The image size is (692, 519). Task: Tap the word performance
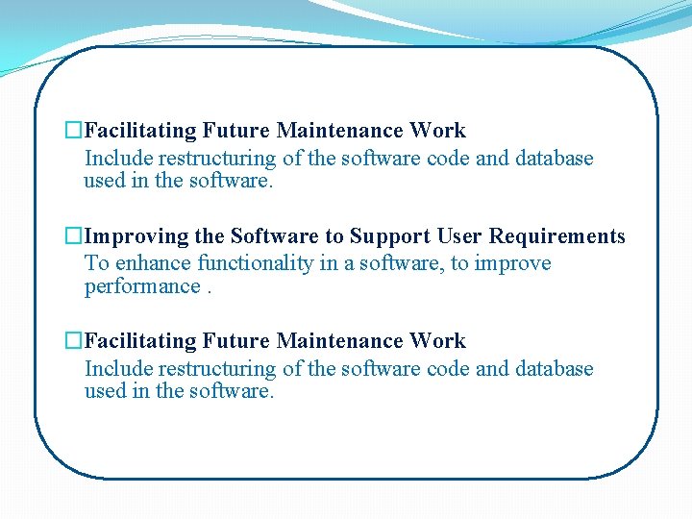(x=142, y=286)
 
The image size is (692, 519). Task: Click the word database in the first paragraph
(x=555, y=159)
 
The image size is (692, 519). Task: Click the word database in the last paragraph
(x=555, y=369)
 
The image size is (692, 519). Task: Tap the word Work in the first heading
(x=438, y=131)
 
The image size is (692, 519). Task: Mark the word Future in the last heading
(x=237, y=341)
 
